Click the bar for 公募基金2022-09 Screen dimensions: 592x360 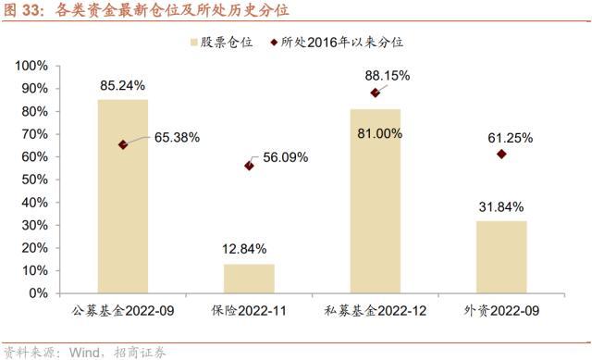click(x=123, y=196)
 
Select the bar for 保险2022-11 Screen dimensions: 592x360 click(x=249, y=279)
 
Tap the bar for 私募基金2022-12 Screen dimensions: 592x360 click(x=376, y=202)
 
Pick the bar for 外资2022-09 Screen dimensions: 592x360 click(x=501, y=257)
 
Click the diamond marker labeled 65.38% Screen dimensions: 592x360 click(x=123, y=144)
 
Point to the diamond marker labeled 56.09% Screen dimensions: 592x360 click(x=249, y=166)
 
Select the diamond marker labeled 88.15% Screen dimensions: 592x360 click(x=375, y=93)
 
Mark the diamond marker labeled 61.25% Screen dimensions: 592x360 click(x=501, y=155)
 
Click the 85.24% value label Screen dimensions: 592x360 click(x=122, y=86)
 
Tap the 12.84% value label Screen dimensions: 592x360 click(x=244, y=249)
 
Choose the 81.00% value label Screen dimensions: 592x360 click(x=380, y=133)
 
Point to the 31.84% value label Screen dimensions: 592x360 click(x=501, y=207)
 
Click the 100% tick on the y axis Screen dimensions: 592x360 click(x=31, y=66)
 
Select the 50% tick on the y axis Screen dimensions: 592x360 click(x=35, y=180)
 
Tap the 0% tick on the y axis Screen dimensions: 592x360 click(x=38, y=293)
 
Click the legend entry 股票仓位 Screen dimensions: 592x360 click(x=222, y=42)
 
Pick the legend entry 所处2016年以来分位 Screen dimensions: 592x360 click(x=337, y=42)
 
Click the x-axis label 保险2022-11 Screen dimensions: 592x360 click(x=249, y=311)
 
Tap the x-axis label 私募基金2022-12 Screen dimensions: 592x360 click(x=376, y=311)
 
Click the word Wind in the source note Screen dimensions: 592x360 click(x=84, y=353)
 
